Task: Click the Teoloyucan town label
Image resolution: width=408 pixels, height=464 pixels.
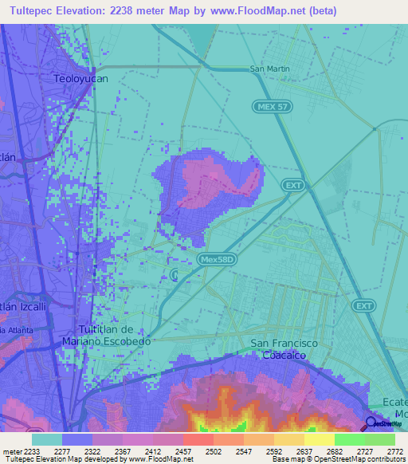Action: [x=80, y=79]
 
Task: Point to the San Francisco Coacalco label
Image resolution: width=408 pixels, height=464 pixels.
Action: [x=284, y=349]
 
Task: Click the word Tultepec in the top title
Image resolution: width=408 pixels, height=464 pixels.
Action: [x=35, y=11]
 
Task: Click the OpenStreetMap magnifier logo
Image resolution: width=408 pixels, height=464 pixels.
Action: [x=371, y=423]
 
